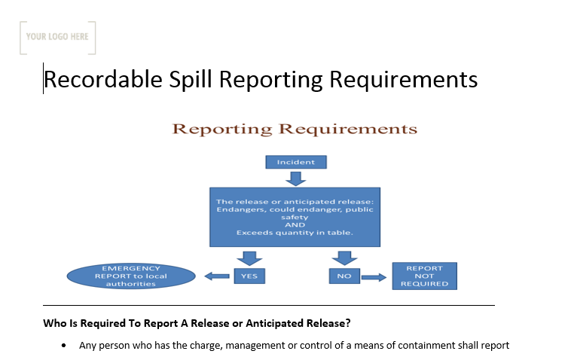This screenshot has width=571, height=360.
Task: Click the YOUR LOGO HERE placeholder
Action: pos(57,36)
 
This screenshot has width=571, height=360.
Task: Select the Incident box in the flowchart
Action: pos(295,162)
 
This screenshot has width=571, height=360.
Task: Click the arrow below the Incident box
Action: pos(295,178)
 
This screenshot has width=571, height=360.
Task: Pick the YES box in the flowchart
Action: pos(249,276)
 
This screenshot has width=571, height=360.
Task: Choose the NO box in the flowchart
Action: pos(344,276)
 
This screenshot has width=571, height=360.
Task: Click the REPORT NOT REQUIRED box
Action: pos(424,276)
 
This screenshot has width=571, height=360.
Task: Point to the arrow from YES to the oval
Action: pos(218,276)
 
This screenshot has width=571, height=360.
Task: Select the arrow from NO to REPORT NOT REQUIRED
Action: pos(374,276)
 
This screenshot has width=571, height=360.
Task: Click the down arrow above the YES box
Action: pos(249,258)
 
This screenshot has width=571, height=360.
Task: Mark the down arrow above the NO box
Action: pos(344,258)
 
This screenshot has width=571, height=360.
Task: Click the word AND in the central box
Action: pos(295,224)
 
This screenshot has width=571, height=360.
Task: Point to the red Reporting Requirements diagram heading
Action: pos(295,129)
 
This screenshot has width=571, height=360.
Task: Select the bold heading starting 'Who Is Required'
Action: pos(197,324)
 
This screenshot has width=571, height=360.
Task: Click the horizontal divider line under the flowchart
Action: pos(269,306)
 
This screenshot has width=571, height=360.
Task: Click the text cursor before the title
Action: pos(44,78)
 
